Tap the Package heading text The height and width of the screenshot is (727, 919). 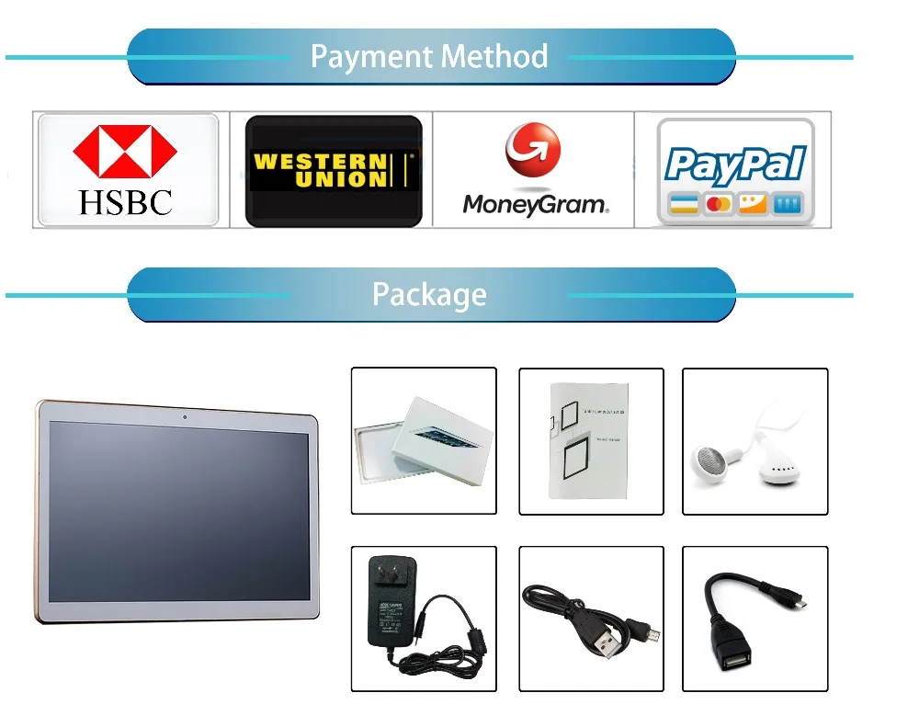tap(429, 295)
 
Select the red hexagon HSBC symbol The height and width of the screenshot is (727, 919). tap(125, 151)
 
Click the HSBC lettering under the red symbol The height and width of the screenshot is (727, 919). tap(126, 202)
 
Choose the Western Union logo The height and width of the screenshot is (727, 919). tap(334, 171)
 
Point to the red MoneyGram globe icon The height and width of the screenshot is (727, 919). tap(532, 152)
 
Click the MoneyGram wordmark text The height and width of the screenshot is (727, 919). tap(534, 204)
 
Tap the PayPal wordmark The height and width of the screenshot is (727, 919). tap(735, 165)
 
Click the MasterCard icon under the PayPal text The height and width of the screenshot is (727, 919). tap(718, 204)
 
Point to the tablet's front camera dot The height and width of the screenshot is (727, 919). tap(185, 417)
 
